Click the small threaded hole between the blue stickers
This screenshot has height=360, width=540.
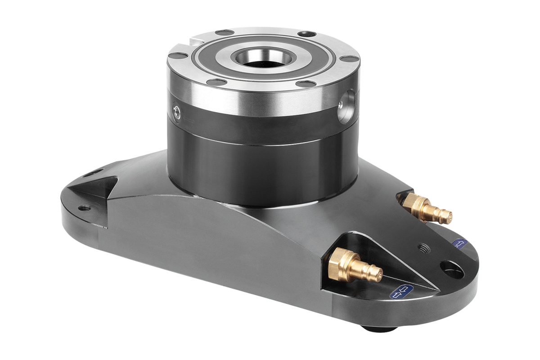click(423, 247)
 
